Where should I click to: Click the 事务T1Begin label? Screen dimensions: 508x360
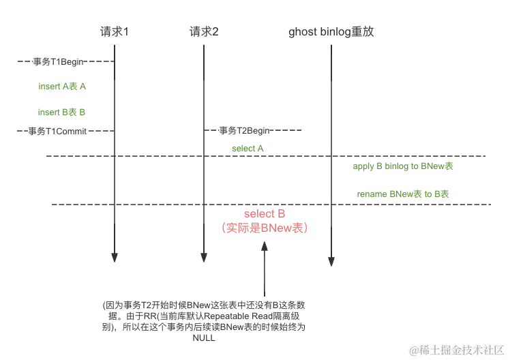(59, 62)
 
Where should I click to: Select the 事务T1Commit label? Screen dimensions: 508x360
(57, 132)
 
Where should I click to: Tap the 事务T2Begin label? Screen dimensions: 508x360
(245, 130)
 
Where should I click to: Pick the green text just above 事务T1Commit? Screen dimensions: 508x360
(62, 111)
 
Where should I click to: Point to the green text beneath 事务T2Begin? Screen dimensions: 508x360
(248, 148)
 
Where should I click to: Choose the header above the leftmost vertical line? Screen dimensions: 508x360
(114, 29)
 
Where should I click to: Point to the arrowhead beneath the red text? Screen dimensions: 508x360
(265, 247)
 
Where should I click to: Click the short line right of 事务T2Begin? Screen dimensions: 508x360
(289, 128)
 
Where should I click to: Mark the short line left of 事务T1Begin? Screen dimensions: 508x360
(25, 63)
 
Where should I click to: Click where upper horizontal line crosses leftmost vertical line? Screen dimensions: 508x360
(115, 156)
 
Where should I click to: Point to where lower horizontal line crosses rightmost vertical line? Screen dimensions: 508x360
(330, 204)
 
